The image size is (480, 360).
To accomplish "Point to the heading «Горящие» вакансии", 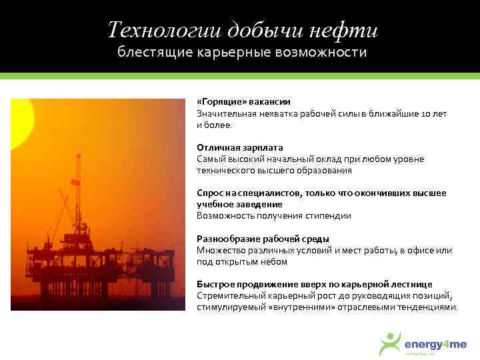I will pos(243,101).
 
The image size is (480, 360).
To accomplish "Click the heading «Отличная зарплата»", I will pos(240,147).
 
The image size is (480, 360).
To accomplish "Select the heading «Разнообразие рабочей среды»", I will pos(263,239).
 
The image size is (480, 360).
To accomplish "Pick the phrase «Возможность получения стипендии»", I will pos(273,216).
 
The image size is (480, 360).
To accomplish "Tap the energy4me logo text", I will pos(436,344).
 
